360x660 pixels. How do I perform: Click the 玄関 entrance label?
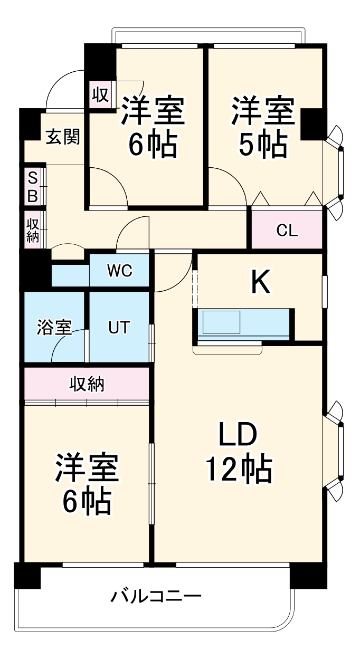click(62, 137)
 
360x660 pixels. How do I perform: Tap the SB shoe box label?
click(32, 186)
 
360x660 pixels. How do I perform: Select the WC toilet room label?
click(119, 271)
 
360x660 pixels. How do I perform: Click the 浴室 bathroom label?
click(54, 327)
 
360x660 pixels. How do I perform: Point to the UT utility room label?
click(119, 327)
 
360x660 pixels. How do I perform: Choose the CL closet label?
click(287, 230)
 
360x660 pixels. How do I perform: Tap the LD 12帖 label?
click(239, 452)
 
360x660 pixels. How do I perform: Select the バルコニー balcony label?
click(156, 597)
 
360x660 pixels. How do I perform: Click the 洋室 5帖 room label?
click(262, 127)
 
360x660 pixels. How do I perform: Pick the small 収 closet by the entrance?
click(100, 95)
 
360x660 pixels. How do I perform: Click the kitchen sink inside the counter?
click(222, 322)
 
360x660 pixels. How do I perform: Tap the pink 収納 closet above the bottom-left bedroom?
click(87, 385)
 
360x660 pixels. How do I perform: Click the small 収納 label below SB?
click(33, 230)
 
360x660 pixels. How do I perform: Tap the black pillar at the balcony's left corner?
click(27, 576)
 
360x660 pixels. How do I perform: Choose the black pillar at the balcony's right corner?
click(308, 576)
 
